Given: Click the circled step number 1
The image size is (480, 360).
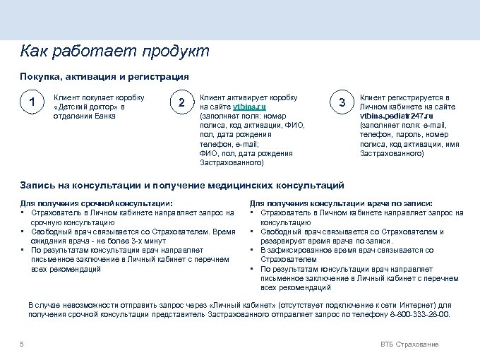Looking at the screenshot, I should pyautogui.click(x=31, y=103).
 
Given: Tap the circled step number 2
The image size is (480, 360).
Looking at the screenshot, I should pyautogui.click(x=182, y=103).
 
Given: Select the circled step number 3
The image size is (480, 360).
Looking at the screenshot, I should pyautogui.click(x=342, y=103).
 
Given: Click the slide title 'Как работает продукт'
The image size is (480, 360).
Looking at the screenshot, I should pyautogui.click(x=114, y=52).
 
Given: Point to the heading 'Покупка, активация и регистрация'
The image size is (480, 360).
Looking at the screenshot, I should pyautogui.click(x=104, y=76).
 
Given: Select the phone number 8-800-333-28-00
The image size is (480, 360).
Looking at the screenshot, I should pyautogui.click(x=420, y=314).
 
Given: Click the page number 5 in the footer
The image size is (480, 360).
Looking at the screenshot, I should pyautogui.click(x=23, y=344).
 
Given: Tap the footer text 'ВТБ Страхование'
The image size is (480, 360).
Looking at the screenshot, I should pyautogui.click(x=409, y=344).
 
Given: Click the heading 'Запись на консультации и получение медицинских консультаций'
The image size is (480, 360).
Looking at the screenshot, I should pyautogui.click(x=182, y=185).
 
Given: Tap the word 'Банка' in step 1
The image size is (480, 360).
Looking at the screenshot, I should pyautogui.click(x=104, y=116).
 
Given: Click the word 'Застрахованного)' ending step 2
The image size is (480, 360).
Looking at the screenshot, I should pyautogui.click(x=232, y=162).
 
